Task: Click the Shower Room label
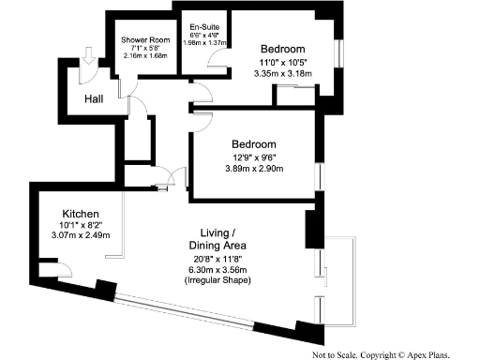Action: coord(144,41)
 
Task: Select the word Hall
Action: coord(95,98)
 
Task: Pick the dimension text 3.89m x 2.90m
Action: coord(254,169)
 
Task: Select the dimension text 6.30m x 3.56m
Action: coord(224,269)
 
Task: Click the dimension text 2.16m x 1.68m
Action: coord(144,55)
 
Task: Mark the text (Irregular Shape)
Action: coord(224,280)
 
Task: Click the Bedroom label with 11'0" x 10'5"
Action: coord(282,49)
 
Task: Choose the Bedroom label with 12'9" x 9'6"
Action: coord(254,143)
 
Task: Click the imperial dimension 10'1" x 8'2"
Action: coord(81,225)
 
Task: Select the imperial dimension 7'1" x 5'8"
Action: coord(144,49)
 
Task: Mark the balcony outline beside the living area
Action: coord(347,281)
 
